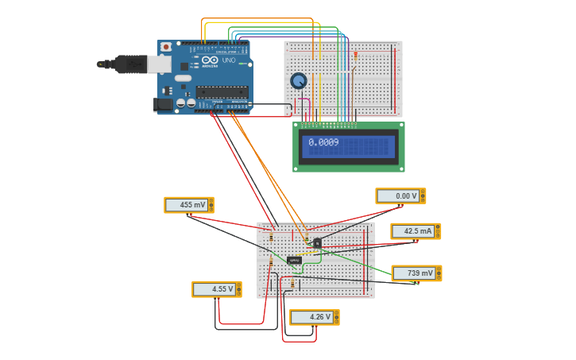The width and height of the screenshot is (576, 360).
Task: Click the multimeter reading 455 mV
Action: point(188,205)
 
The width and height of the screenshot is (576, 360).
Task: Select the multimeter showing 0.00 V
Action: point(400,195)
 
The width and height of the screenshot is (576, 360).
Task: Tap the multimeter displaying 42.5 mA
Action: point(415,231)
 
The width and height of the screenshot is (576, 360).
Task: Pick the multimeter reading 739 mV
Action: point(416,273)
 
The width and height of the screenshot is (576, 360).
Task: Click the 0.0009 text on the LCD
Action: point(323,142)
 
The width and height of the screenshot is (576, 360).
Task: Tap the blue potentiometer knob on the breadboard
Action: point(299,80)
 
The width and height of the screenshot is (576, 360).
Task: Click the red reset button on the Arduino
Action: point(165,48)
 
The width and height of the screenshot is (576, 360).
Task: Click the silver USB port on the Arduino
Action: point(161,64)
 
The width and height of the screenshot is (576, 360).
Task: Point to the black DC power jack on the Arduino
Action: point(164,103)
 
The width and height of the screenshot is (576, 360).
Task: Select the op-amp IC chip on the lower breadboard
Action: point(294,260)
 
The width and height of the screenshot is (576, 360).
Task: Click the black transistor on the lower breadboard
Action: point(317,242)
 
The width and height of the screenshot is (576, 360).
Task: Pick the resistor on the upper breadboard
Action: point(355,56)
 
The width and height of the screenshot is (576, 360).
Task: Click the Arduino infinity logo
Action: point(209,60)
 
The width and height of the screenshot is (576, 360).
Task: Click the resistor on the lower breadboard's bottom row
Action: point(292,283)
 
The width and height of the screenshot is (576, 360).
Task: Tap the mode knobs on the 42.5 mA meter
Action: point(436,231)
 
